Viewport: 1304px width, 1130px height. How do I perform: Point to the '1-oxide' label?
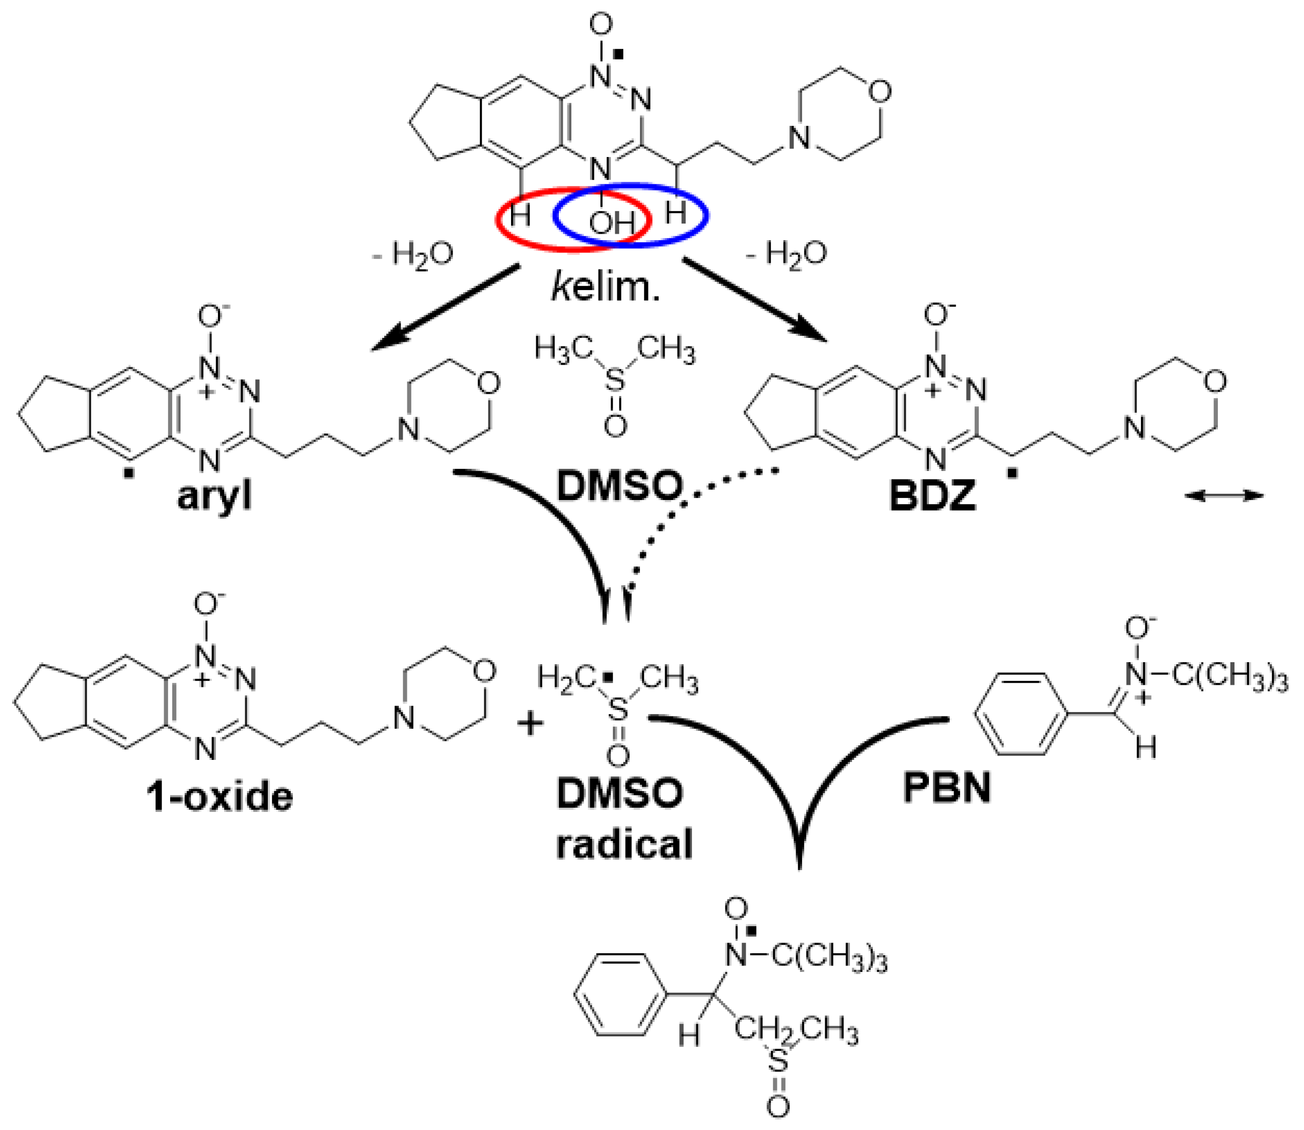220,797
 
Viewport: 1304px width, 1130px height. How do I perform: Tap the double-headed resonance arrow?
1224,497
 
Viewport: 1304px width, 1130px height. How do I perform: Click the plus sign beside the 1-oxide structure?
530,723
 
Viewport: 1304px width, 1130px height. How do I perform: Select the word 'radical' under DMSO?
624,843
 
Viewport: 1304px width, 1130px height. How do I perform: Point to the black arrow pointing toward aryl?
442,309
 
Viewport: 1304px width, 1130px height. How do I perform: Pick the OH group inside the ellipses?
611,222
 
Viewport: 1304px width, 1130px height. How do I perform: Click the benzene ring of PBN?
1022,713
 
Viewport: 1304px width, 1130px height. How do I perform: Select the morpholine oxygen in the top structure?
879,92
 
